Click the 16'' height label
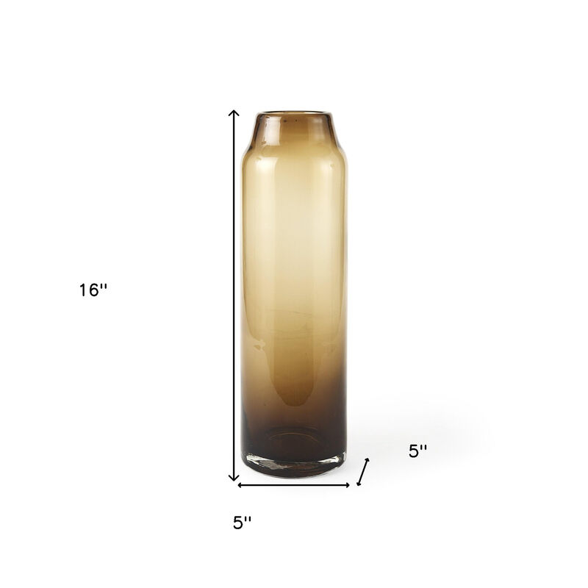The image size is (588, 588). (x=94, y=290)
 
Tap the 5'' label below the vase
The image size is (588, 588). (x=243, y=523)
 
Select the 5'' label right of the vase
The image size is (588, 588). (x=418, y=452)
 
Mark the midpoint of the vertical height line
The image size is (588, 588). (x=234, y=295)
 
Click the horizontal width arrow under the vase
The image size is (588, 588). (x=293, y=484)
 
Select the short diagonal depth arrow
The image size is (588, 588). (x=362, y=473)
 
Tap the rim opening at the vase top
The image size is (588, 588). (x=293, y=115)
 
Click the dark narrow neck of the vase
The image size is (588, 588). (x=293, y=129)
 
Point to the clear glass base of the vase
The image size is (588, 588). (x=293, y=467)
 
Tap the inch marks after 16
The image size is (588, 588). (x=104, y=286)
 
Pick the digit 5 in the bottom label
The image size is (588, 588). (x=237, y=523)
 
